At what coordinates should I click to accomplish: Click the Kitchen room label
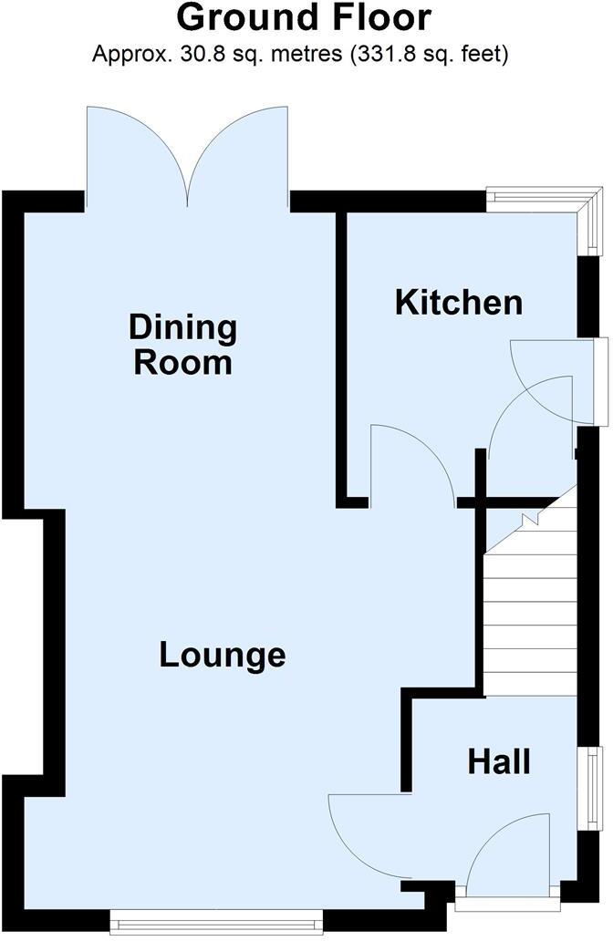point(459,302)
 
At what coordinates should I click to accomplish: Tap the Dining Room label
point(182,345)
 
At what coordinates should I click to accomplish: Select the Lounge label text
point(223,655)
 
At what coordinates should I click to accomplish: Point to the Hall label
point(499,761)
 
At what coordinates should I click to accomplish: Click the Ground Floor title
point(304,18)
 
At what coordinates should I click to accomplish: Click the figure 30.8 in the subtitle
point(180,55)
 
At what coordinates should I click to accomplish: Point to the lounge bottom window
point(216,924)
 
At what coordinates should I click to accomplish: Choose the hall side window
point(594,788)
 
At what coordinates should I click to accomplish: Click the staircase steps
point(529,620)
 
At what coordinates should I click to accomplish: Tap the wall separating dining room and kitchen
point(343,356)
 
